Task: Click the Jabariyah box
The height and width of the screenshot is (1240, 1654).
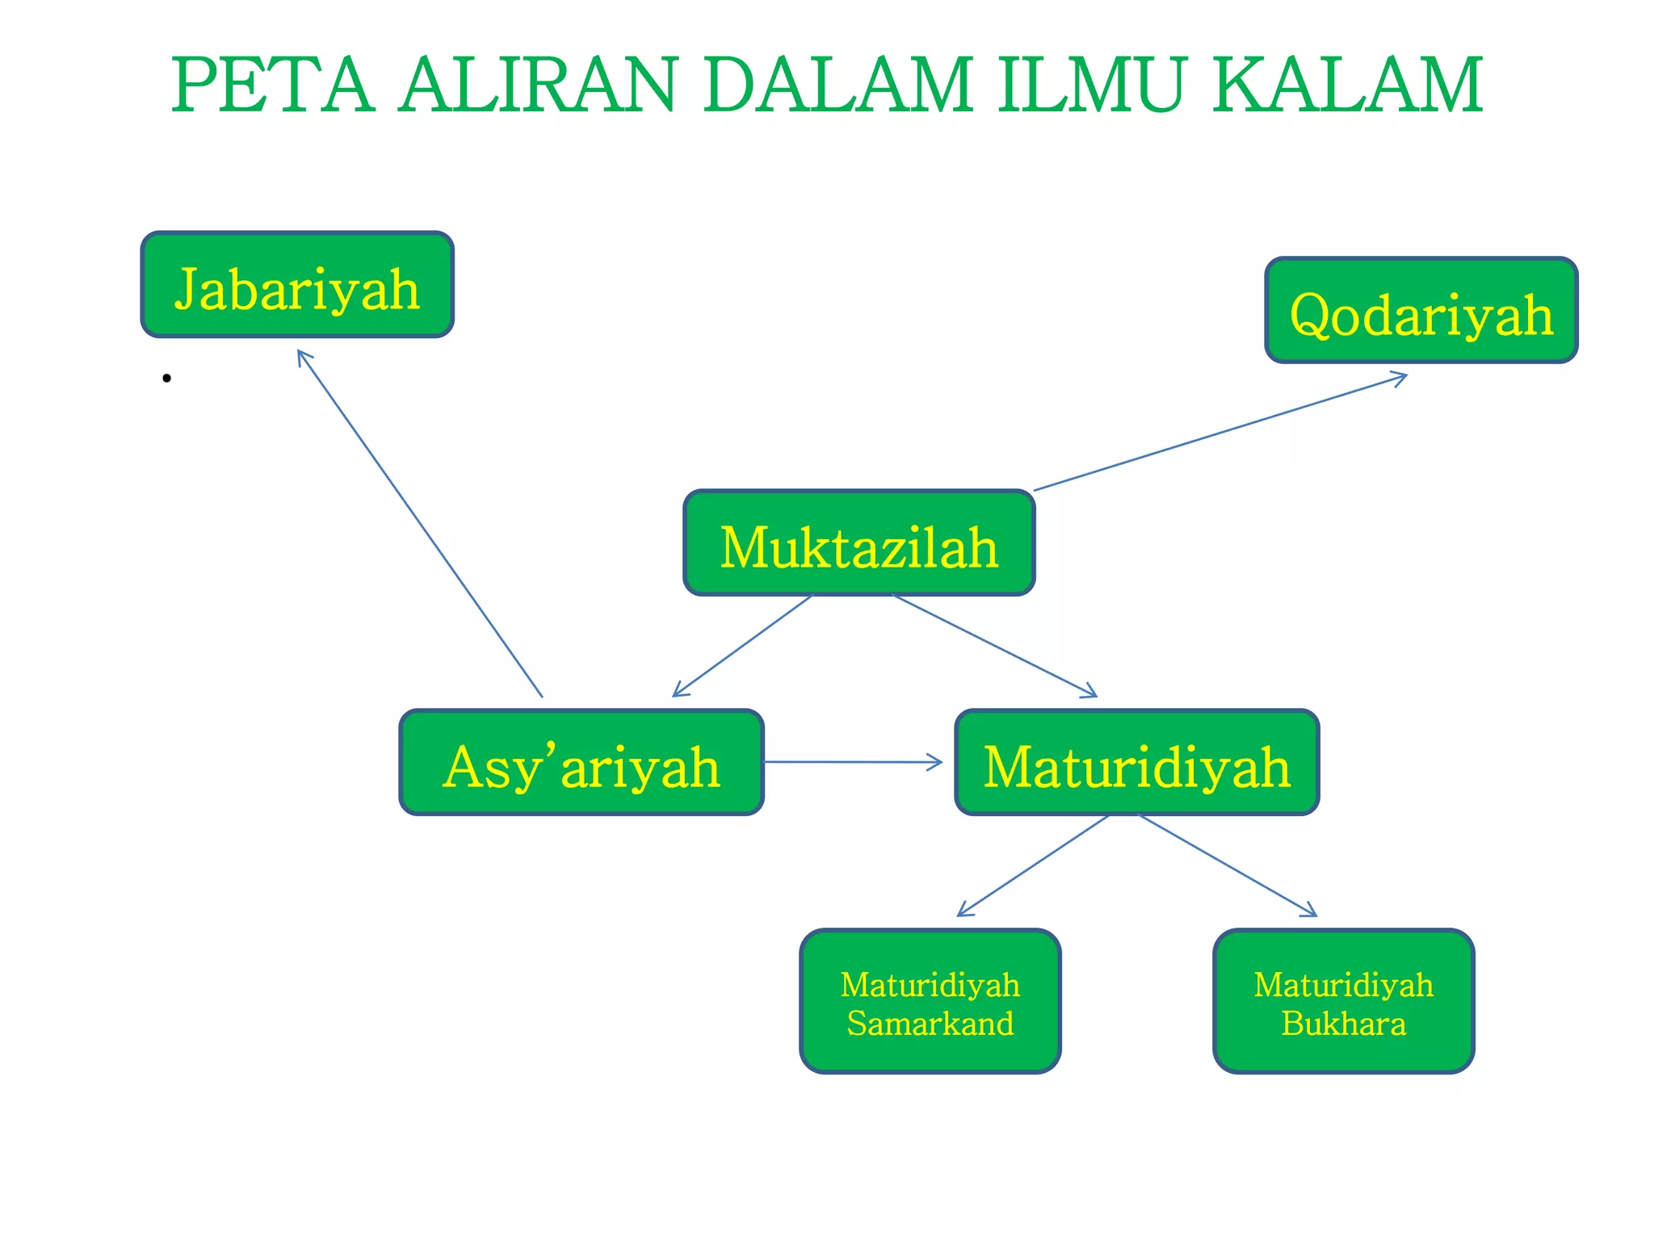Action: coord(297,285)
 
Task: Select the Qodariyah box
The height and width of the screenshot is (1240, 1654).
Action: coord(1421,311)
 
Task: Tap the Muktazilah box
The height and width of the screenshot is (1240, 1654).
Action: coord(858,543)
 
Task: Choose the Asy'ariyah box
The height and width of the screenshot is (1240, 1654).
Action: coord(581,763)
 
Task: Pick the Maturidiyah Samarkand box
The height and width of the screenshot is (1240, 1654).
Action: coord(930,1002)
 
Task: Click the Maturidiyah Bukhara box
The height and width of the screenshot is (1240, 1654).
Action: coord(1343,1002)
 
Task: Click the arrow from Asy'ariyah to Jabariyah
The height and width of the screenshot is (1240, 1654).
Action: coord(420,523)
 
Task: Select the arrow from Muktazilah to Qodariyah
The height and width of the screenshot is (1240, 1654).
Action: coord(1220,432)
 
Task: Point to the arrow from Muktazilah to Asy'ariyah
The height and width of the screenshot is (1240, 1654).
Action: coord(743,645)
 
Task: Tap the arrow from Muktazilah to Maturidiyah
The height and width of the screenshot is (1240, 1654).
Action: coord(995,645)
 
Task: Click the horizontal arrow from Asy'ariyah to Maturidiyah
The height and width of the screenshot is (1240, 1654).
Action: coord(852,762)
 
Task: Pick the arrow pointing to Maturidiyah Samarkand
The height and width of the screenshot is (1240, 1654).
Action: coord(1034,865)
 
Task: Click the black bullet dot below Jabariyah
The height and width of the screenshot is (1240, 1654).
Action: coord(166,378)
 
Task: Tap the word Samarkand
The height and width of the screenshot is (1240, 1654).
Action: coord(930,1024)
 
